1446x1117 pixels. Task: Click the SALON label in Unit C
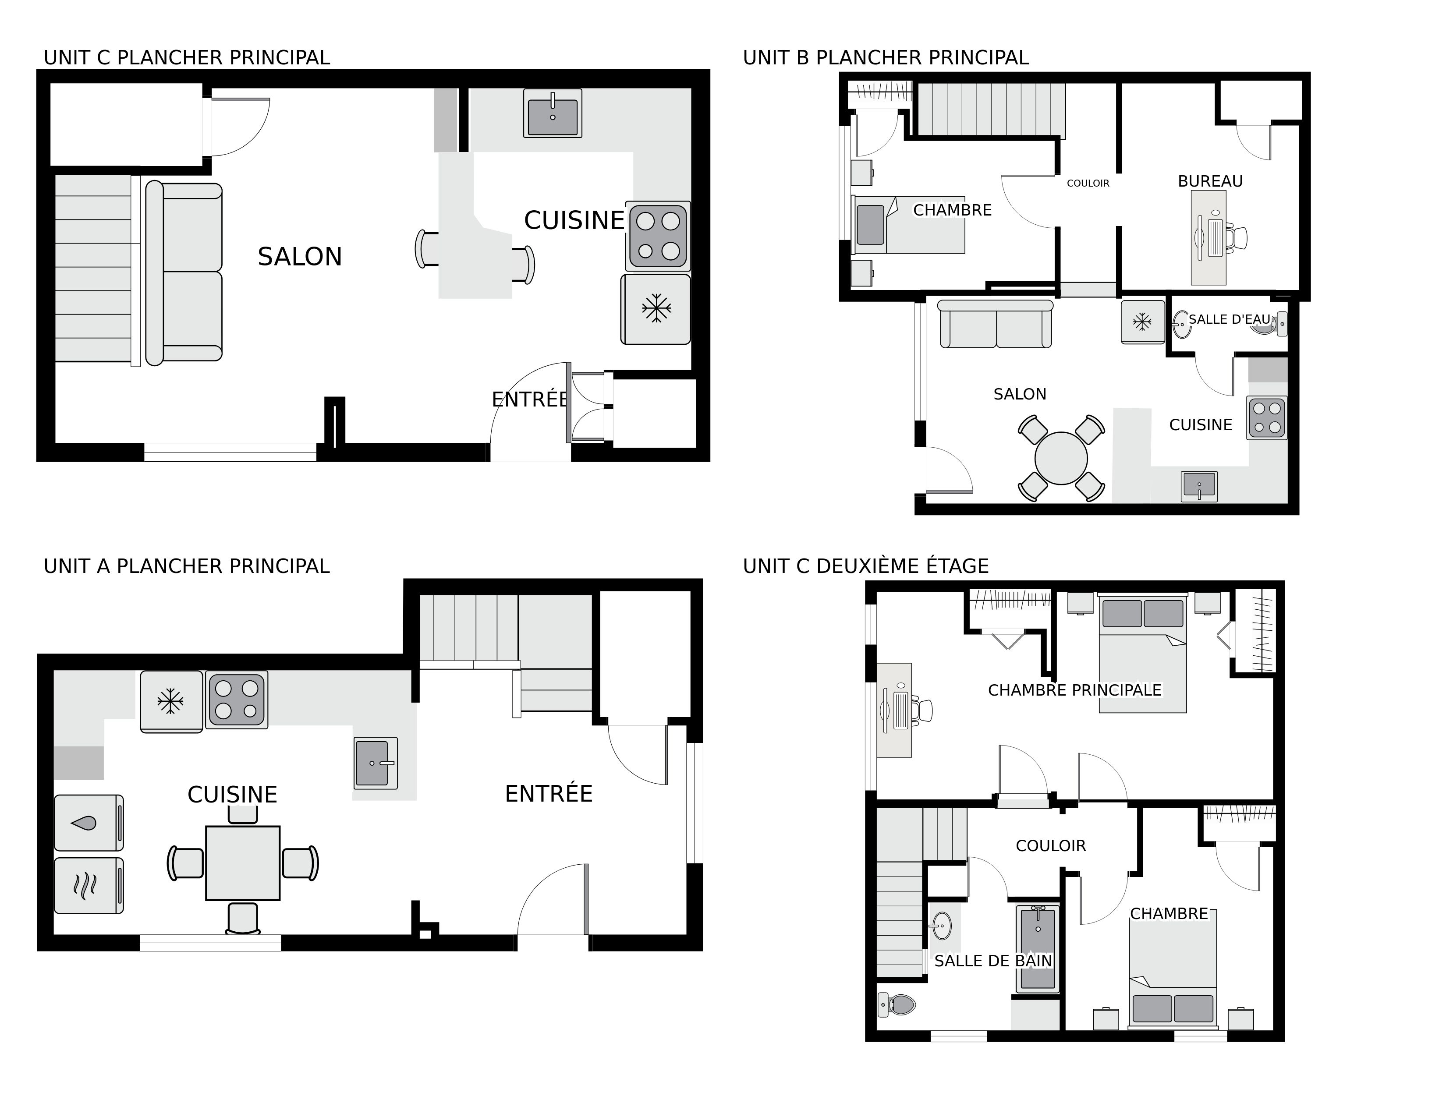point(299,257)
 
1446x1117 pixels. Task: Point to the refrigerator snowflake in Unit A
point(170,701)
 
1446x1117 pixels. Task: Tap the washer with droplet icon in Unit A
point(88,823)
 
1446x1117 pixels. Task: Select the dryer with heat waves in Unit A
point(88,885)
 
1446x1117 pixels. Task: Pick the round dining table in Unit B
point(1061,458)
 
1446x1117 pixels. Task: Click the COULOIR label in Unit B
point(1088,183)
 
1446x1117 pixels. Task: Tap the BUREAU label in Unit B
point(1210,181)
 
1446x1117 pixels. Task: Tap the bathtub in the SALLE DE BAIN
point(1038,949)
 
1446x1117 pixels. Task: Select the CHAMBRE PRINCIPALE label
point(1074,690)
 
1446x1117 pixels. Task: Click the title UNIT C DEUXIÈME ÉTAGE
point(865,566)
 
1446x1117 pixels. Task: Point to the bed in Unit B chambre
point(908,225)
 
